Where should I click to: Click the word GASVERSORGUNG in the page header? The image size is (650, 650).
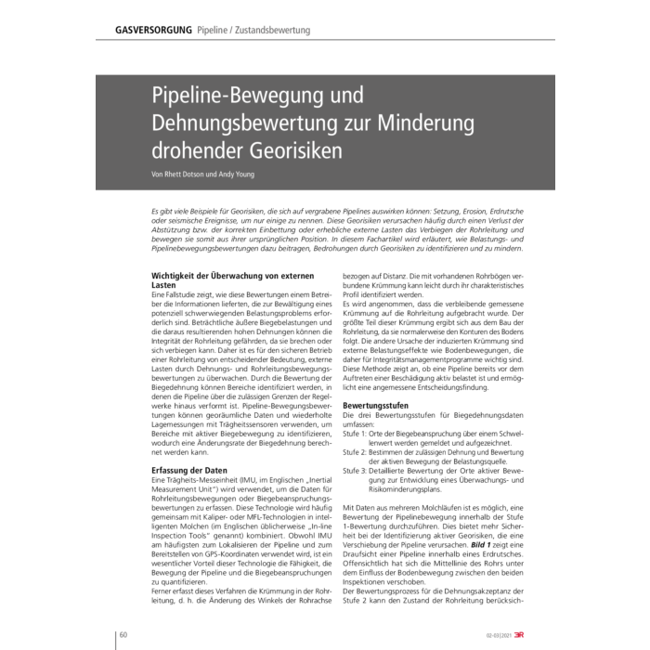[x=154, y=31]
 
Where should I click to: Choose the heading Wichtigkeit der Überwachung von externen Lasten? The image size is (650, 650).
[x=232, y=279]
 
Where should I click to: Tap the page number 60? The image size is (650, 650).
[x=123, y=634]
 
